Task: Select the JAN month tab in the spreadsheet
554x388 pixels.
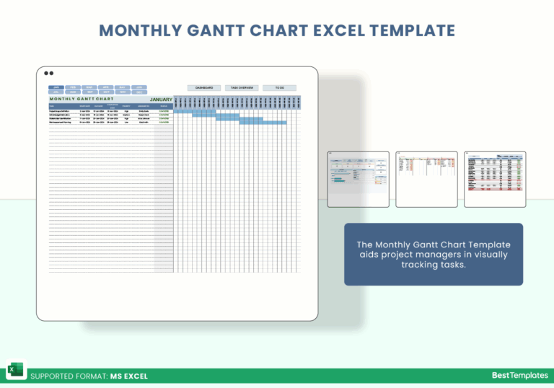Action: (x=56, y=87)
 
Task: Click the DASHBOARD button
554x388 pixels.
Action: (x=204, y=87)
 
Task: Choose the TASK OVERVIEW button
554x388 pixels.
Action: (x=241, y=87)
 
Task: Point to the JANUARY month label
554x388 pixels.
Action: (x=161, y=100)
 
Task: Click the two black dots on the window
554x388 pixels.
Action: (x=48, y=73)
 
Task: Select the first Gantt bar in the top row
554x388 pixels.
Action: (x=183, y=111)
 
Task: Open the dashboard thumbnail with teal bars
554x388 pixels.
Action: (x=358, y=179)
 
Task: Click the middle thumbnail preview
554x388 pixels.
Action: (x=426, y=179)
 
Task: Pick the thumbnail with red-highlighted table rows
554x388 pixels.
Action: (x=495, y=179)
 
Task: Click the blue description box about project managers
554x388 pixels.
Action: (x=433, y=255)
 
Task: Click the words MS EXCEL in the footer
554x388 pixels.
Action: (x=129, y=376)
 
